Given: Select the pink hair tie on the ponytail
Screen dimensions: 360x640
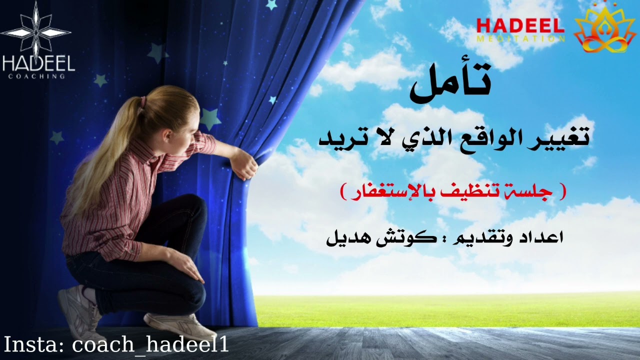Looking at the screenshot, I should coord(143,102).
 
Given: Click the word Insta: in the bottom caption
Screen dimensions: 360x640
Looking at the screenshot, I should coord(35,345).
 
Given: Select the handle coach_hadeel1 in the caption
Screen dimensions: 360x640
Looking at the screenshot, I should coord(150,345).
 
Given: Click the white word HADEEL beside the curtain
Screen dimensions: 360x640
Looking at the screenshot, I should coord(38,63).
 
